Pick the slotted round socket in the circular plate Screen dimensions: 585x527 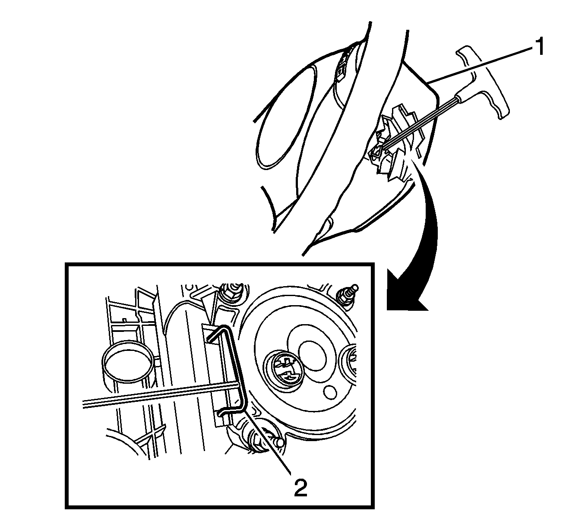tap(285, 369)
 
